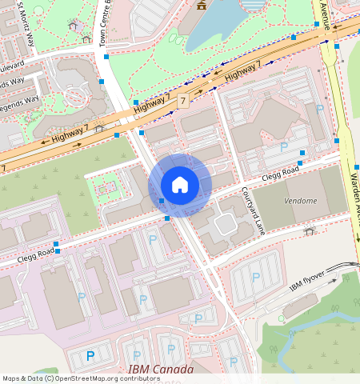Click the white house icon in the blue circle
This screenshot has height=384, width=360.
click(x=180, y=185)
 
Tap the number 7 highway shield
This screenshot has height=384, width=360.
click(x=183, y=102)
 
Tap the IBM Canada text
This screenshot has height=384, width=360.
click(x=161, y=370)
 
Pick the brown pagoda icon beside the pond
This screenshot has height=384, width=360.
click(x=200, y=5)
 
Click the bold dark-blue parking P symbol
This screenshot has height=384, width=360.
click(x=90, y=355)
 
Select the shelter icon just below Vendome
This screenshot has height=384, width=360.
click(x=310, y=231)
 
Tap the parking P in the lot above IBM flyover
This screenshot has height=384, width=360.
click(x=255, y=277)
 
